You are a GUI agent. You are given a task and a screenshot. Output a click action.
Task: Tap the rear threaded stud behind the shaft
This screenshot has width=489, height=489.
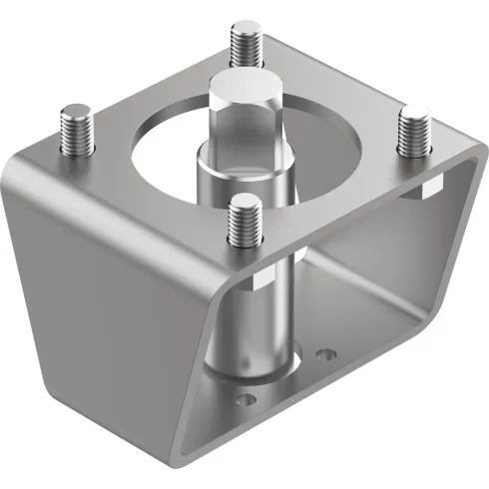[x=244, y=45]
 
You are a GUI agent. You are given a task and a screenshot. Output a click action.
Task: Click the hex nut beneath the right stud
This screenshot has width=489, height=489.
[x=421, y=189]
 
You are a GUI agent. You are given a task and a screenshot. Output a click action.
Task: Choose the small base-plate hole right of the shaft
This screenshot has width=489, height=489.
[x=321, y=353]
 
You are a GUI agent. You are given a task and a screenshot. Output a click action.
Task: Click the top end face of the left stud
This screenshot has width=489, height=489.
[x=76, y=110]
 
